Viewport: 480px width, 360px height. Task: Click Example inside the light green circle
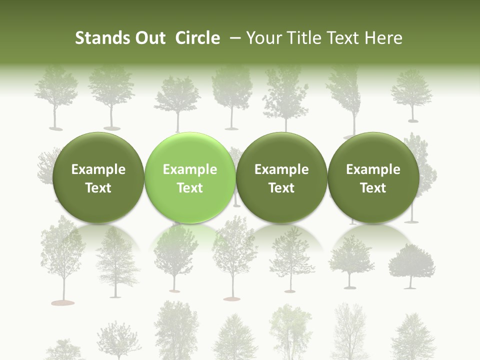point(190,169)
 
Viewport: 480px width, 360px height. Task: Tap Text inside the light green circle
point(190,188)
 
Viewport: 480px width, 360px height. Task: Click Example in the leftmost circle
point(98,169)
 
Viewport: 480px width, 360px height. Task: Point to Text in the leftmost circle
point(98,188)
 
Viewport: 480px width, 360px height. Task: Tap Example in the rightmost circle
point(373,169)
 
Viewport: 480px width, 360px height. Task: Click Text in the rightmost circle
point(373,188)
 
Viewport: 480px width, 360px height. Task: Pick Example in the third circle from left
point(281,169)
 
